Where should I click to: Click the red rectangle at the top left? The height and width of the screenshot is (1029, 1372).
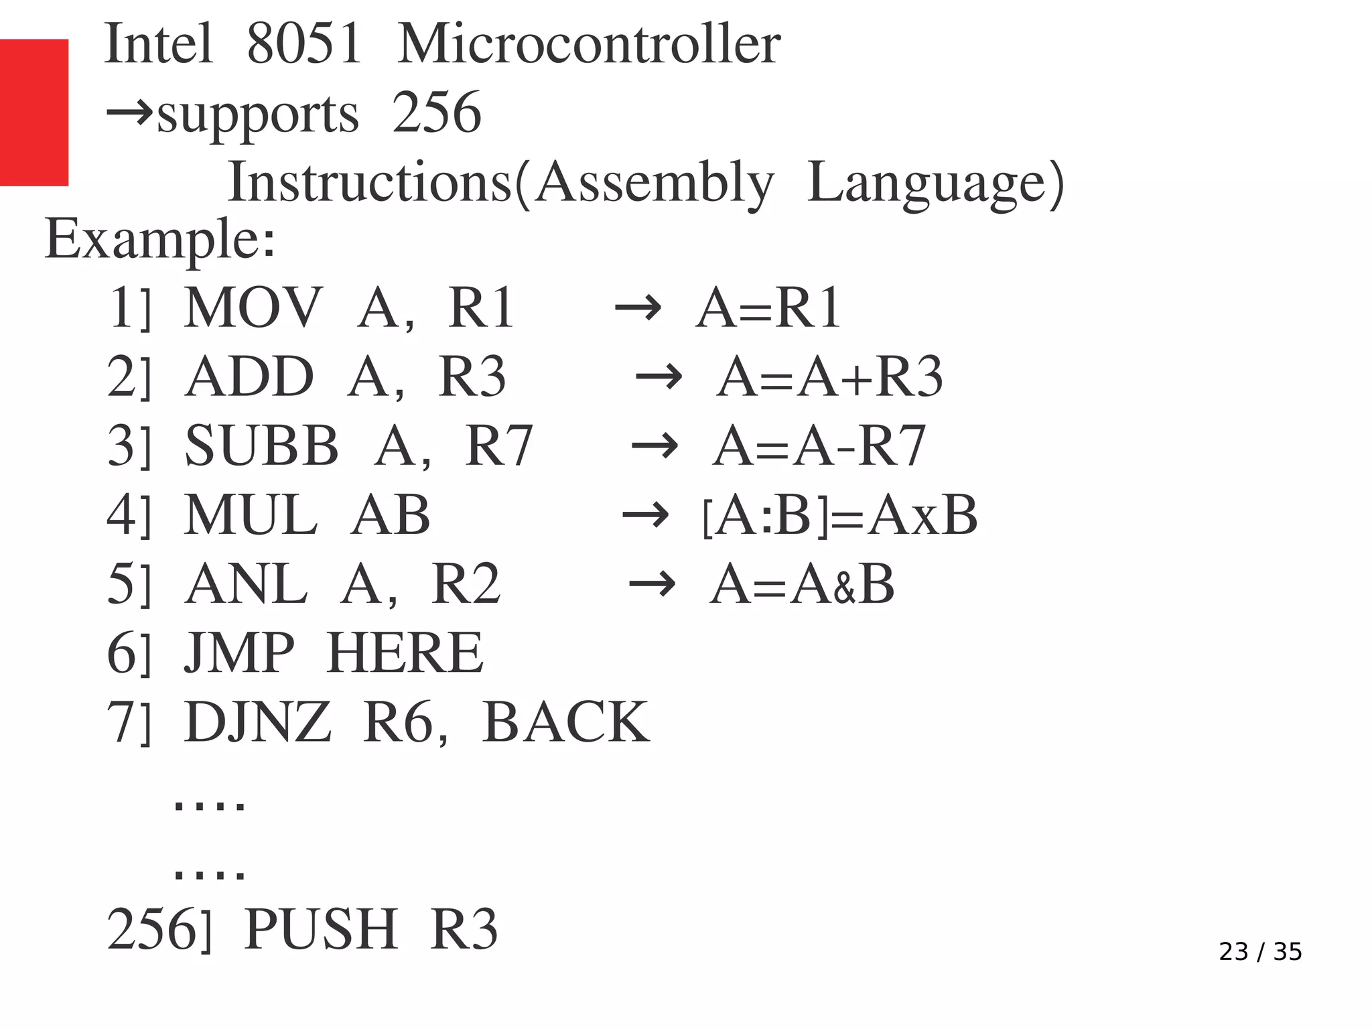(x=33, y=112)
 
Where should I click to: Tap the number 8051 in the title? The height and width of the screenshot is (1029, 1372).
(x=304, y=44)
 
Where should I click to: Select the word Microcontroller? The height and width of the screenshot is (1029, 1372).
(x=588, y=44)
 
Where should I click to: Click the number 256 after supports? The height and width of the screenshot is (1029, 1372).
(x=436, y=113)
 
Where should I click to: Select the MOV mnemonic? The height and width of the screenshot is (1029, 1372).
(x=253, y=307)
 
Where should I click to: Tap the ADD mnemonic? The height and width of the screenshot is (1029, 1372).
(x=249, y=376)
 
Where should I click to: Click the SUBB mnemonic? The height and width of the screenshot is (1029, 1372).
(x=261, y=445)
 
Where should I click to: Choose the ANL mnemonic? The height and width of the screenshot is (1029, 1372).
(x=247, y=584)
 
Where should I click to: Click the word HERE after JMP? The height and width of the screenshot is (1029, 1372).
(x=405, y=653)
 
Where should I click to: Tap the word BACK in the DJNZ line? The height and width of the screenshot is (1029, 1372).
(x=565, y=722)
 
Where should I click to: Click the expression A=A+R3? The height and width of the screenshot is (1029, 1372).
(x=829, y=376)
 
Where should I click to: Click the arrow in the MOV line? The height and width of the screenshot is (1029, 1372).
(x=638, y=309)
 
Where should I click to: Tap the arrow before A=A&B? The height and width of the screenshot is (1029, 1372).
(x=652, y=584)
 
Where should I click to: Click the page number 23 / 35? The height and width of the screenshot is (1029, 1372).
(x=1260, y=951)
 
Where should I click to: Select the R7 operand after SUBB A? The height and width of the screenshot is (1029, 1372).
(x=498, y=445)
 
